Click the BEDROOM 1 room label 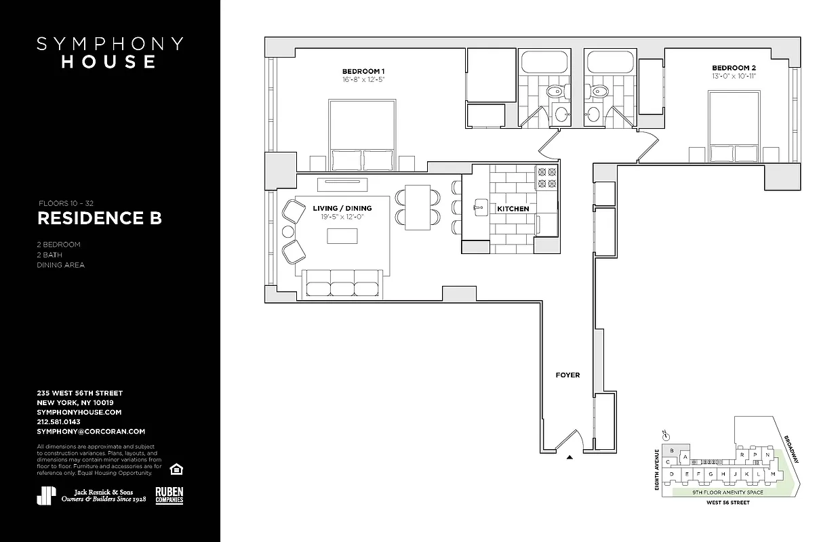(x=363, y=71)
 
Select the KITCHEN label (x=513, y=209)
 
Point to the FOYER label (x=567, y=375)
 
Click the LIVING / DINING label (x=342, y=208)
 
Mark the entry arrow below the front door (x=570, y=458)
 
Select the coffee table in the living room (x=342, y=235)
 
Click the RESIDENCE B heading (x=99, y=219)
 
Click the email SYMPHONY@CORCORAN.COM (x=91, y=431)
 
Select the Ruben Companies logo (x=169, y=495)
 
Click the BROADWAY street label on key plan (x=791, y=449)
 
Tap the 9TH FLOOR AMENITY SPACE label (x=727, y=493)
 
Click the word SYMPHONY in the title (x=110, y=44)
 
